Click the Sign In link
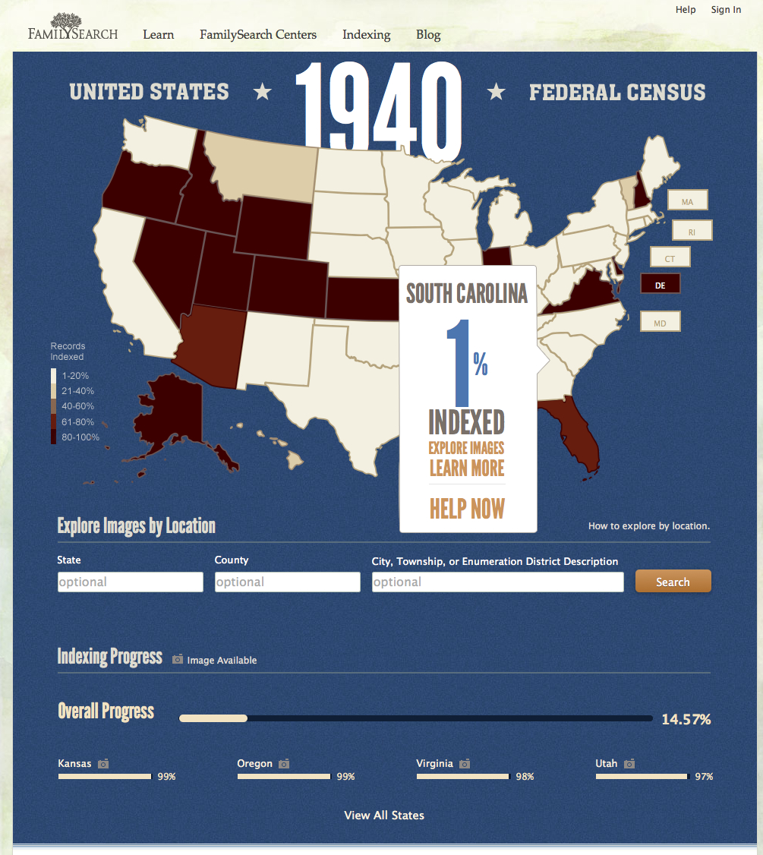(x=726, y=10)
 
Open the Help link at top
(x=686, y=10)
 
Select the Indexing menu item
(x=366, y=35)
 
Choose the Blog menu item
(x=428, y=35)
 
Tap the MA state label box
(x=687, y=201)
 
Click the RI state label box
(x=692, y=232)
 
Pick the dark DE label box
(x=660, y=284)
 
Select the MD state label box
(x=660, y=323)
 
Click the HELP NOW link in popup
(x=467, y=509)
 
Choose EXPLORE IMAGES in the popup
(x=466, y=448)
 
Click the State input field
(x=130, y=582)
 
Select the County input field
(x=287, y=582)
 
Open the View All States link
(x=384, y=816)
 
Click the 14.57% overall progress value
(x=686, y=719)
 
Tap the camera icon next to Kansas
(x=103, y=764)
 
